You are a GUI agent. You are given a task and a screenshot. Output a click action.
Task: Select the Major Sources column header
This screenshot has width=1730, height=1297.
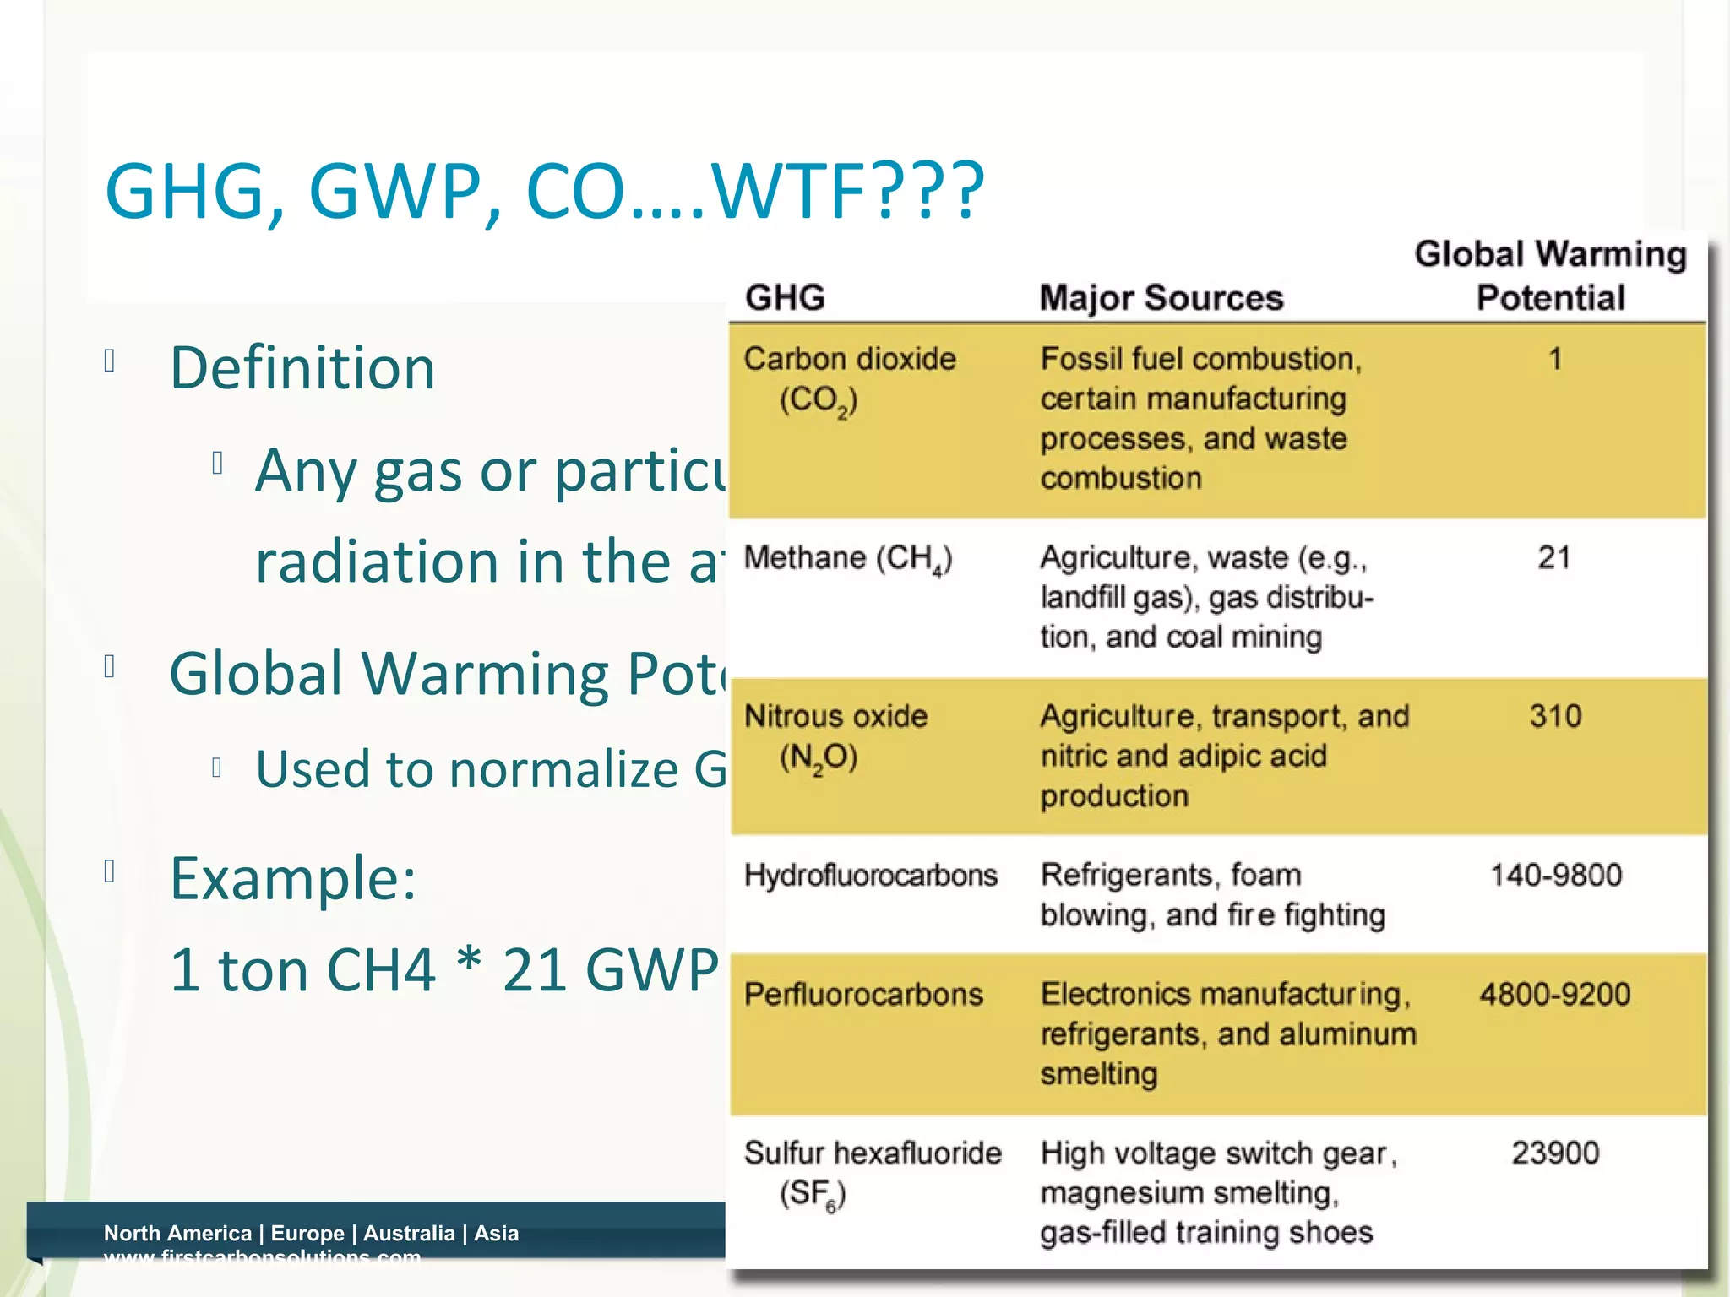[x=1161, y=298]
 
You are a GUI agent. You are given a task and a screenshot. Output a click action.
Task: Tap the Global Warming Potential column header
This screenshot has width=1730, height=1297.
[x=1550, y=276]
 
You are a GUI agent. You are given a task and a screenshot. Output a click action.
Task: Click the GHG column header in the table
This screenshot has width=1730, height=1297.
[x=785, y=298]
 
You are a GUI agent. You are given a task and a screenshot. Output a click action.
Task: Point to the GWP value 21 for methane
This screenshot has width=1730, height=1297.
[x=1553, y=557]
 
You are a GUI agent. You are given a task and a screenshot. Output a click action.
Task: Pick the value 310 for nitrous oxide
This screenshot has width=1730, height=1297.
[x=1555, y=716]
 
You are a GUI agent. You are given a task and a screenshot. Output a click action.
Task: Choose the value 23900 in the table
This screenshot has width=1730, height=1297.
[x=1555, y=1153]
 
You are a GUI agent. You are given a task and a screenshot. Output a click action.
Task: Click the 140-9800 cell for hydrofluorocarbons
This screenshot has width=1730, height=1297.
[x=1555, y=875]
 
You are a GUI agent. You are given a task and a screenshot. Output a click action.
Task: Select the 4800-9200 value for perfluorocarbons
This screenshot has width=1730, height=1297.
[x=1554, y=994]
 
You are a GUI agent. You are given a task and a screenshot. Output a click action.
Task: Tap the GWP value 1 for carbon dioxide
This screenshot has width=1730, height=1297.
[x=1555, y=359]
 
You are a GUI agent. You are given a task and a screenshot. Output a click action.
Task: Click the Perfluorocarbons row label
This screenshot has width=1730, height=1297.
[x=863, y=995]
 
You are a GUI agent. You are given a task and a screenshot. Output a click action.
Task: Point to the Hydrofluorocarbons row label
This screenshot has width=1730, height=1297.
[x=870, y=876]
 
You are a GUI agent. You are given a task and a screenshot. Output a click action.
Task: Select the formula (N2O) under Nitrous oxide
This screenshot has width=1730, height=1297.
[x=818, y=757]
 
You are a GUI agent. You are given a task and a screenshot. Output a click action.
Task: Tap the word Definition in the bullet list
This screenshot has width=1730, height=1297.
[x=302, y=368]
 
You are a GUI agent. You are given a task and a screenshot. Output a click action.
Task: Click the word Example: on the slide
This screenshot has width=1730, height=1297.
[x=293, y=878]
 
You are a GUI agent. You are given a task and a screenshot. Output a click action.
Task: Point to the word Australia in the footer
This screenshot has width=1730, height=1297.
[x=409, y=1233]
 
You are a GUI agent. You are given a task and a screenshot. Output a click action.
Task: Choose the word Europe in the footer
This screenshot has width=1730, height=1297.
[x=307, y=1233]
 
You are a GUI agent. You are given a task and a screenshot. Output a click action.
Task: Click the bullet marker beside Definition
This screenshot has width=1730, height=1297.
[x=109, y=361]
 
